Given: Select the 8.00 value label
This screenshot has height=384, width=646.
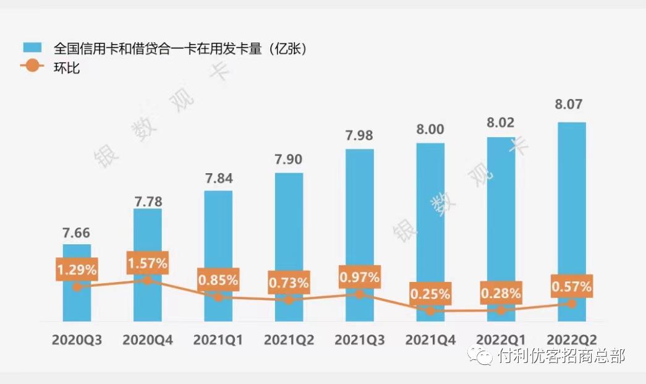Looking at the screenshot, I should [430, 129].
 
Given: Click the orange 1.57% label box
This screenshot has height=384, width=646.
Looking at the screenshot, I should [147, 263].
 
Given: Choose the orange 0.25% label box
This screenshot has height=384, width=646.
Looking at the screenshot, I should [430, 294].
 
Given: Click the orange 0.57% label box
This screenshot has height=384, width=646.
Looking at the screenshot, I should [572, 287].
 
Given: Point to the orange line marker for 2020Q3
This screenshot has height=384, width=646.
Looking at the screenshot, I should [77, 287].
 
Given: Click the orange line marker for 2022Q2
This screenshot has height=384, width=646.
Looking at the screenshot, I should [572, 304].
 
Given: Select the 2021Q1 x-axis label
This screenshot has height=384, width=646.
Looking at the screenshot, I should [218, 340].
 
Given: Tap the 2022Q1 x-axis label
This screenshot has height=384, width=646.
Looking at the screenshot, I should [501, 340].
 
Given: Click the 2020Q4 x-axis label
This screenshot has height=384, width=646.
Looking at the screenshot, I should [147, 340].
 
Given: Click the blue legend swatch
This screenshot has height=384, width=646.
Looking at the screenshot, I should [32, 48].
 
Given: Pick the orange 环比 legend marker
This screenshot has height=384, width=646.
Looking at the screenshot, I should [32, 66].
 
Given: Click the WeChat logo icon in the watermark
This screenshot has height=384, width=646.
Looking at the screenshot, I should [480, 356].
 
